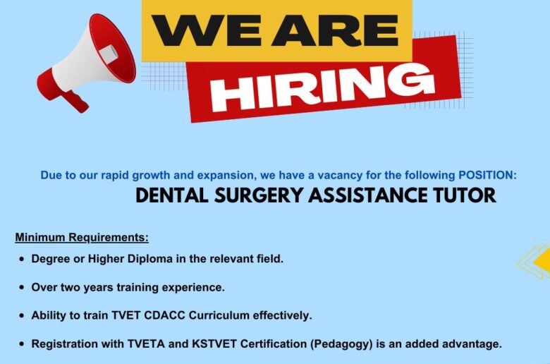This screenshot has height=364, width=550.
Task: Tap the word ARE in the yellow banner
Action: click(335, 30)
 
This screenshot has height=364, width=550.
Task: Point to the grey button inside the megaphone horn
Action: click(109, 54)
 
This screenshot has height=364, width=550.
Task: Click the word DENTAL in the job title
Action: click(172, 195)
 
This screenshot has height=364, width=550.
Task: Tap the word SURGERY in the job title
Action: click(258, 195)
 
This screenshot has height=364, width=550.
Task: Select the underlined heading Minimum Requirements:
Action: click(82, 238)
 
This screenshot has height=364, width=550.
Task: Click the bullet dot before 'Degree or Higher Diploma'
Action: click(22, 260)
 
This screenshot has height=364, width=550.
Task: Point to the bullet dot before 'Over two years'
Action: click(22, 288)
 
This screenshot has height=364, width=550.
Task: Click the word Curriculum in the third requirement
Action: click(219, 315)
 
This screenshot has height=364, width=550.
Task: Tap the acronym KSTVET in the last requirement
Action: click(214, 344)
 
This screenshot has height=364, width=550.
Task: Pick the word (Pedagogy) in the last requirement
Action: click(341, 344)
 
